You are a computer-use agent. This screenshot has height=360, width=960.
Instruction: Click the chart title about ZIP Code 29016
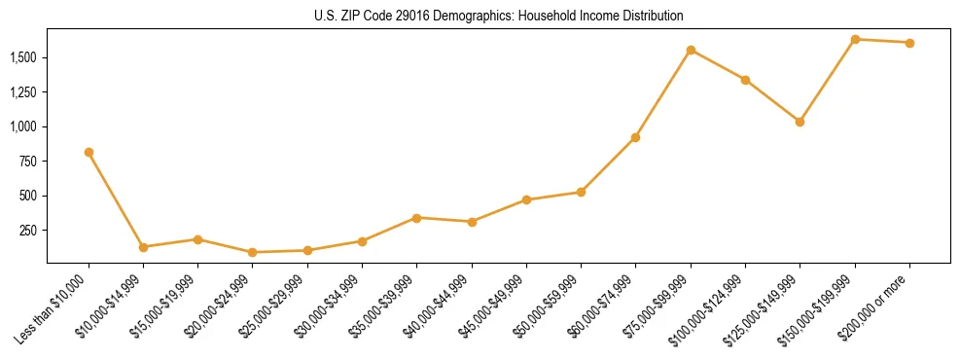click(498, 17)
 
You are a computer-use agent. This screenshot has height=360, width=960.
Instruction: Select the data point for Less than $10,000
click(89, 152)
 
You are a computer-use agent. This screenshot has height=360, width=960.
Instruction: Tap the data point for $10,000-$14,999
click(143, 247)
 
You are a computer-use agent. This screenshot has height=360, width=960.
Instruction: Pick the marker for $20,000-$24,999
click(253, 252)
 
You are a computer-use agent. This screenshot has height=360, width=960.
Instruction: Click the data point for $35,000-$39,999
click(416, 218)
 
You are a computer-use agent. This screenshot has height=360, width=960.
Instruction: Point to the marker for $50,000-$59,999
click(581, 192)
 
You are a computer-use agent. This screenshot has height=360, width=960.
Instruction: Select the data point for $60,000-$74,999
click(635, 137)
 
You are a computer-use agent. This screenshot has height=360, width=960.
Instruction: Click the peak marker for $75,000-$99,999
click(691, 50)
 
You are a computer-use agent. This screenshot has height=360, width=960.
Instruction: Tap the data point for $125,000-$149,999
click(800, 122)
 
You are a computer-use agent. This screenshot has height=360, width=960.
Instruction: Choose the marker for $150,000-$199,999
click(855, 39)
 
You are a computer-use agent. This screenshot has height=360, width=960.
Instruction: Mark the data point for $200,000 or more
click(909, 43)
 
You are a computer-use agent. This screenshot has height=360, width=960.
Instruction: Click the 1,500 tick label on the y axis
click(23, 57)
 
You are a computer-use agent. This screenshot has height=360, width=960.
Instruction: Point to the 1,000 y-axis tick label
click(23, 126)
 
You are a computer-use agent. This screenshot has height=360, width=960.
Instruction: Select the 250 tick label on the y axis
click(28, 231)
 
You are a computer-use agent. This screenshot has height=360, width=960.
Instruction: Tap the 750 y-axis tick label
click(28, 162)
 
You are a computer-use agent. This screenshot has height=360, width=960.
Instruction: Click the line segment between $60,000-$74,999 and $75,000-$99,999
click(663, 93)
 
